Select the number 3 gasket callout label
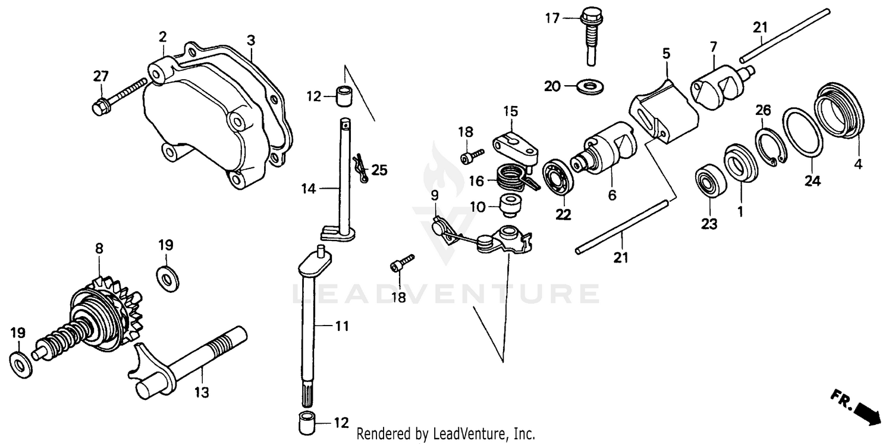click(251, 41)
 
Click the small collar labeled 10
click(510, 207)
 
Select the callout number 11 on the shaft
click(341, 326)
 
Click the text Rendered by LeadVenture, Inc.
click(445, 433)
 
